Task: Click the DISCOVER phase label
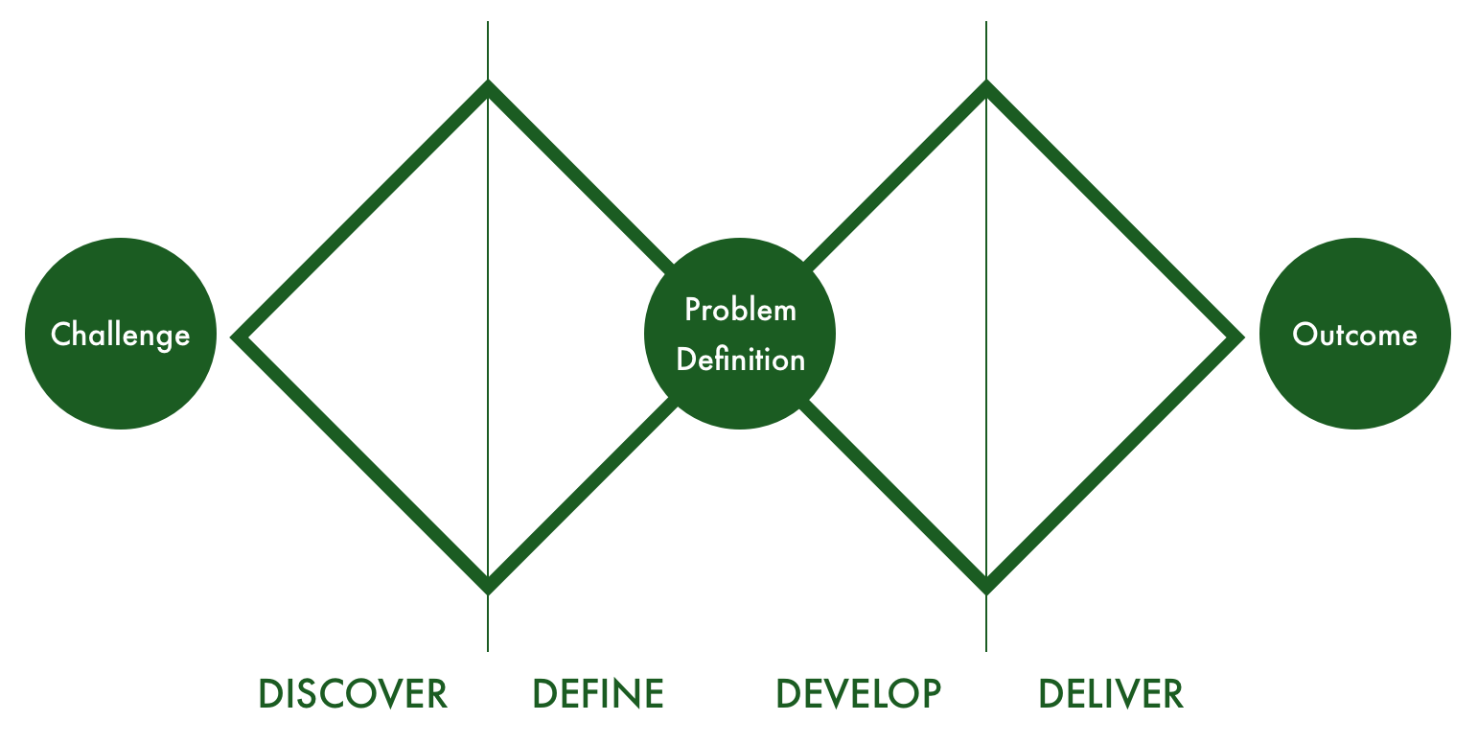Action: [353, 693]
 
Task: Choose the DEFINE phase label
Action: [598, 693]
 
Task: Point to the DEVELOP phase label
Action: [858, 693]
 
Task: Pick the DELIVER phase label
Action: [1111, 693]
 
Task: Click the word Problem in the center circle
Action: [740, 311]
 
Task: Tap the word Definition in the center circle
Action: [740, 360]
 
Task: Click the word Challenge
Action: [120, 335]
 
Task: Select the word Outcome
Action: [1354, 335]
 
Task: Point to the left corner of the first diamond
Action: [240, 337]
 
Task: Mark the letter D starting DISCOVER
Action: [270, 693]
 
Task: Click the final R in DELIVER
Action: [1172, 693]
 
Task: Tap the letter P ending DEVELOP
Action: [930, 693]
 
